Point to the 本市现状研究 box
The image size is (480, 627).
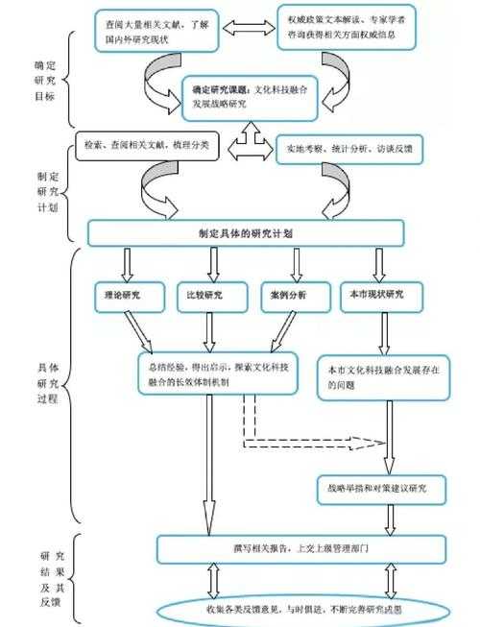click(x=383, y=297)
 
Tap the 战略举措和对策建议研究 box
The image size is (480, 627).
click(x=381, y=487)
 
